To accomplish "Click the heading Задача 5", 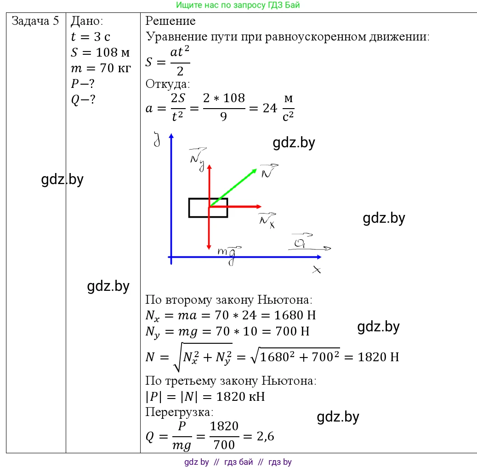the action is (x=35, y=21).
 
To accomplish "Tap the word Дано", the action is (x=87, y=21).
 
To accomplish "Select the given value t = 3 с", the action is (x=91, y=36).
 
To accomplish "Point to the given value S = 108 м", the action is (x=100, y=52).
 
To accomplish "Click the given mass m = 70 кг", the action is (x=101, y=68).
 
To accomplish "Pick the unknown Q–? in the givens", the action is (x=83, y=99).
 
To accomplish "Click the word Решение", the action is (x=170, y=21).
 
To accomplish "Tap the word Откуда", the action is (x=168, y=84).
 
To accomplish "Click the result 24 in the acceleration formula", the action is (x=270, y=108).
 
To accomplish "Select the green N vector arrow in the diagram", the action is (x=233, y=188).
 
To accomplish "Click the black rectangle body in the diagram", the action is (x=208, y=208).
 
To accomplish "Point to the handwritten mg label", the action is (x=229, y=255).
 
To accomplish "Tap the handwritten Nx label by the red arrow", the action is (x=267, y=220).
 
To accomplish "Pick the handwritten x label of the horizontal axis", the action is (x=317, y=270).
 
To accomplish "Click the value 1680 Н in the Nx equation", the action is (x=295, y=315).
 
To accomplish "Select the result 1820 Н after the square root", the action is (x=378, y=357).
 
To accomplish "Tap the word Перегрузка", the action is (x=179, y=412).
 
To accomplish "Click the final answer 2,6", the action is (x=265, y=436).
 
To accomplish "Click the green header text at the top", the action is (x=238, y=5).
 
